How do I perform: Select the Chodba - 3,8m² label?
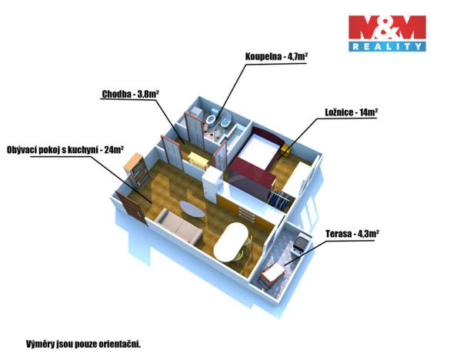[130, 95]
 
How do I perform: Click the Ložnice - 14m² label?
[349, 112]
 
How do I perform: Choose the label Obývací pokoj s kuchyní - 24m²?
[65, 149]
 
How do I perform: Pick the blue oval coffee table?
[192, 206]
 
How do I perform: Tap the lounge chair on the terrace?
[272, 274]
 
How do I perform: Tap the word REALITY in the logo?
[386, 47]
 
